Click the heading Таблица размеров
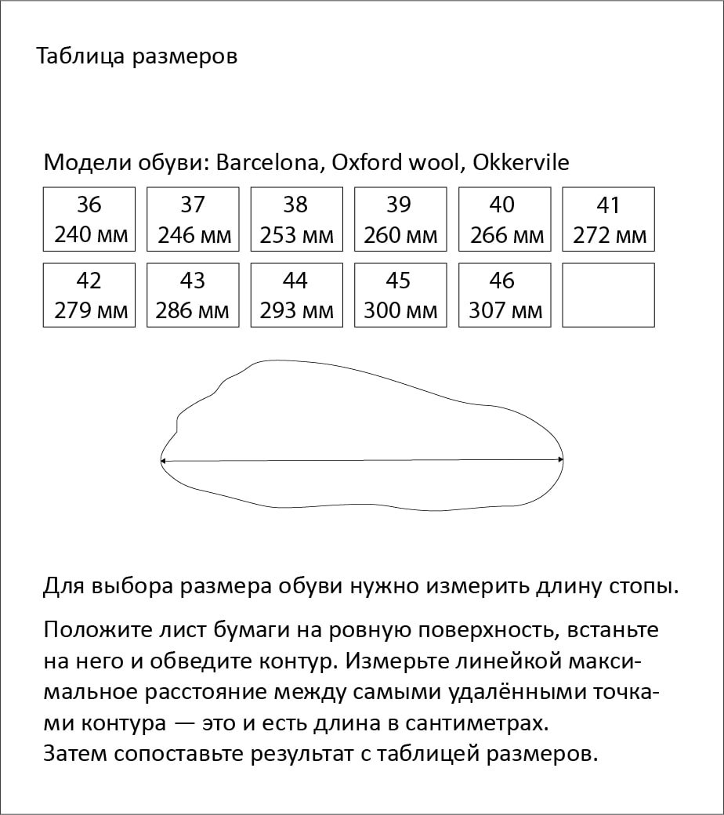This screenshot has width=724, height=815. click(137, 57)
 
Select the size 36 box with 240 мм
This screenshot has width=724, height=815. click(89, 219)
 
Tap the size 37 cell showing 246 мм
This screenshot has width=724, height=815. click(193, 219)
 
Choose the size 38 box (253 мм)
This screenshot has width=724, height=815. click(296, 219)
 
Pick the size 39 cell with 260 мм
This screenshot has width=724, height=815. click(400, 219)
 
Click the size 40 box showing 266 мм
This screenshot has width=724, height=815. click(504, 219)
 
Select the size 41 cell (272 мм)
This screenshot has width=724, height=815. click(608, 219)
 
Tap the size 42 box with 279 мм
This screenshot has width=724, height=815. click(89, 295)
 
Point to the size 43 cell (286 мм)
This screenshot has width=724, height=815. click(193, 295)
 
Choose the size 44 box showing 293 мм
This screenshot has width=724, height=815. click(296, 295)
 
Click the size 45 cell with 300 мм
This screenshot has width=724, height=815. click(400, 295)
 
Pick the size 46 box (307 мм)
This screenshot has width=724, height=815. click(504, 295)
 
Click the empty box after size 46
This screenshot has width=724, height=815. click(608, 295)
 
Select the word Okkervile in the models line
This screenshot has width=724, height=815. click(521, 163)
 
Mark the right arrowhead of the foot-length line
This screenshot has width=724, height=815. click(561, 460)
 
